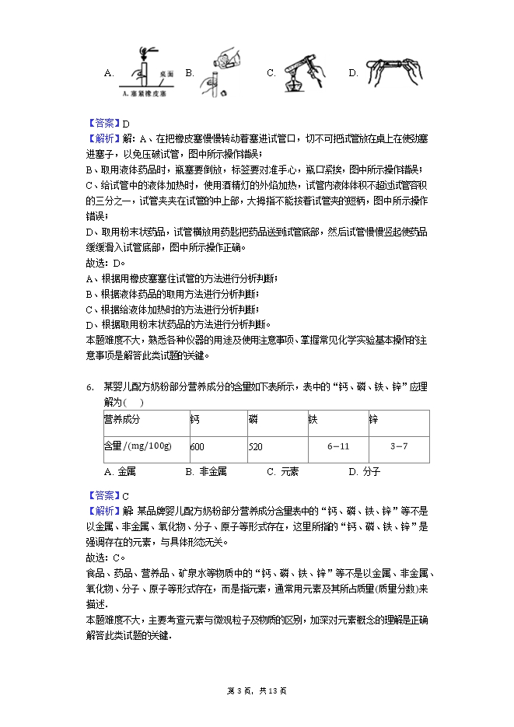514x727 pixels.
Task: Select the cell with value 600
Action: [197, 446]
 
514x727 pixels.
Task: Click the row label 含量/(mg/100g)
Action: [138, 446]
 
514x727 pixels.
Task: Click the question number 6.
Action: [89, 387]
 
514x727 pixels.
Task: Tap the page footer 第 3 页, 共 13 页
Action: [257, 690]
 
